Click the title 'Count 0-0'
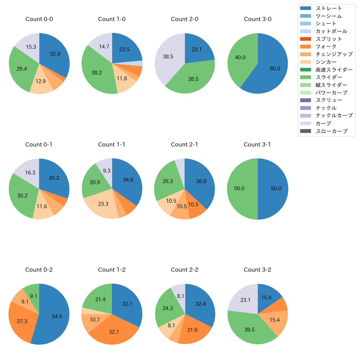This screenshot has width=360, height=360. click(x=39, y=19)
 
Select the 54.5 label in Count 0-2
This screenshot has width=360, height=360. click(x=57, y=316)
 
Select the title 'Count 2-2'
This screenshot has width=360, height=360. click(x=184, y=270)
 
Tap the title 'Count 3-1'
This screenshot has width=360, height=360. click(x=257, y=145)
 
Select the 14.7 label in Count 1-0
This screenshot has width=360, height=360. click(x=104, y=47)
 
